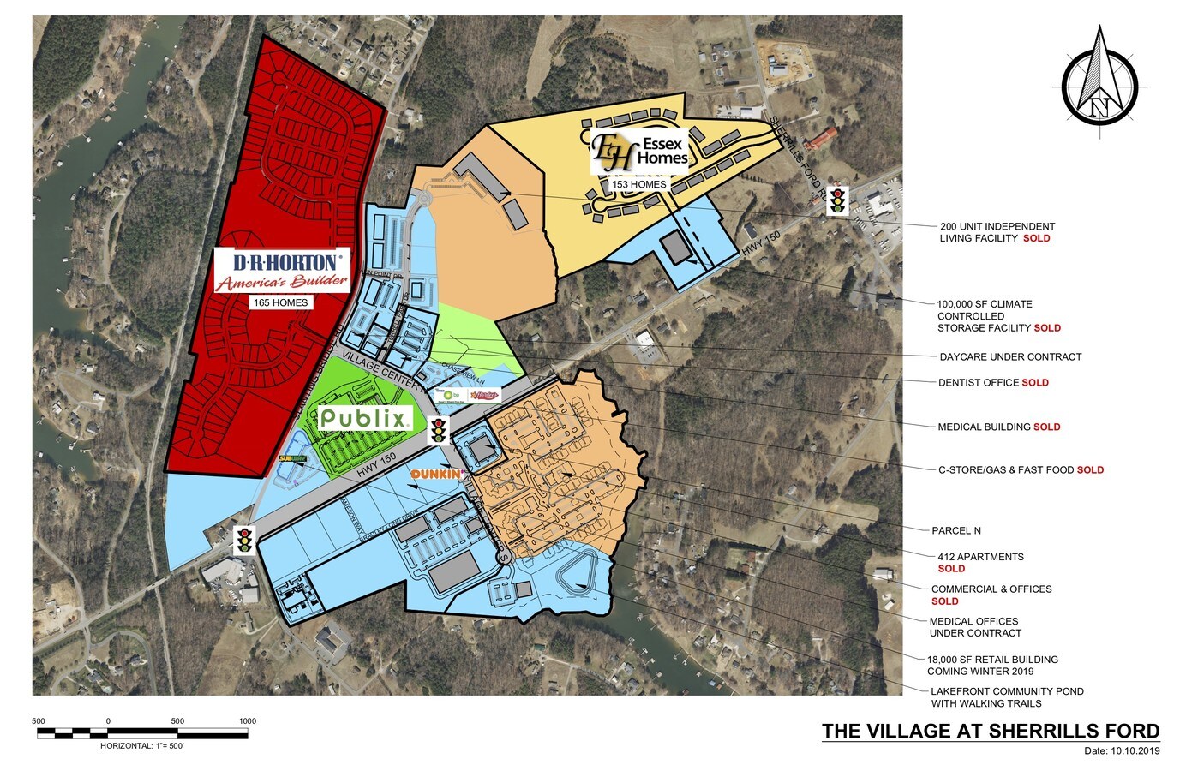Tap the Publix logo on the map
click(362, 419)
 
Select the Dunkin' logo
click(437, 474)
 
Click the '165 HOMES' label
click(279, 302)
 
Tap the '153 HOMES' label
click(638, 184)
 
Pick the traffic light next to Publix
click(439, 429)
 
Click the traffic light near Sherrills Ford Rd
click(837, 201)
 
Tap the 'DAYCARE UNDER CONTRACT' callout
click(1010, 357)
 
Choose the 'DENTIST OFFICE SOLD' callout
click(993, 383)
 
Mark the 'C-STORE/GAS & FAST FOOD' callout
click(1021, 470)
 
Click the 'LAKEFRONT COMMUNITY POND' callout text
click(1007, 692)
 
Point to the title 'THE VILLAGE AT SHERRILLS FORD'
click(991, 732)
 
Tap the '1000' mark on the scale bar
click(247, 721)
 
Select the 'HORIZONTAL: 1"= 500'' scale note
click(142, 746)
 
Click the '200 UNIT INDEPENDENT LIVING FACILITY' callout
click(997, 232)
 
